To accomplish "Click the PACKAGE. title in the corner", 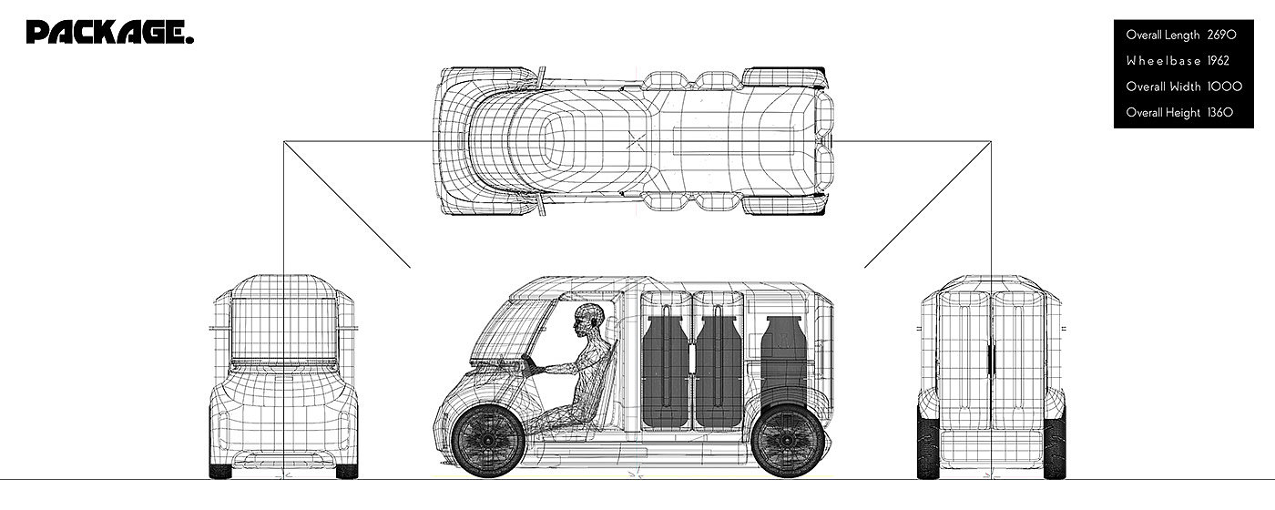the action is click(110, 34).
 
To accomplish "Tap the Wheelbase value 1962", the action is click(1218, 61).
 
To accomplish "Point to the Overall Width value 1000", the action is click(1224, 87).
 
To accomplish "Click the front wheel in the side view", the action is click(487, 442).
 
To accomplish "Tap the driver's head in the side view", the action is click(587, 321).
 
